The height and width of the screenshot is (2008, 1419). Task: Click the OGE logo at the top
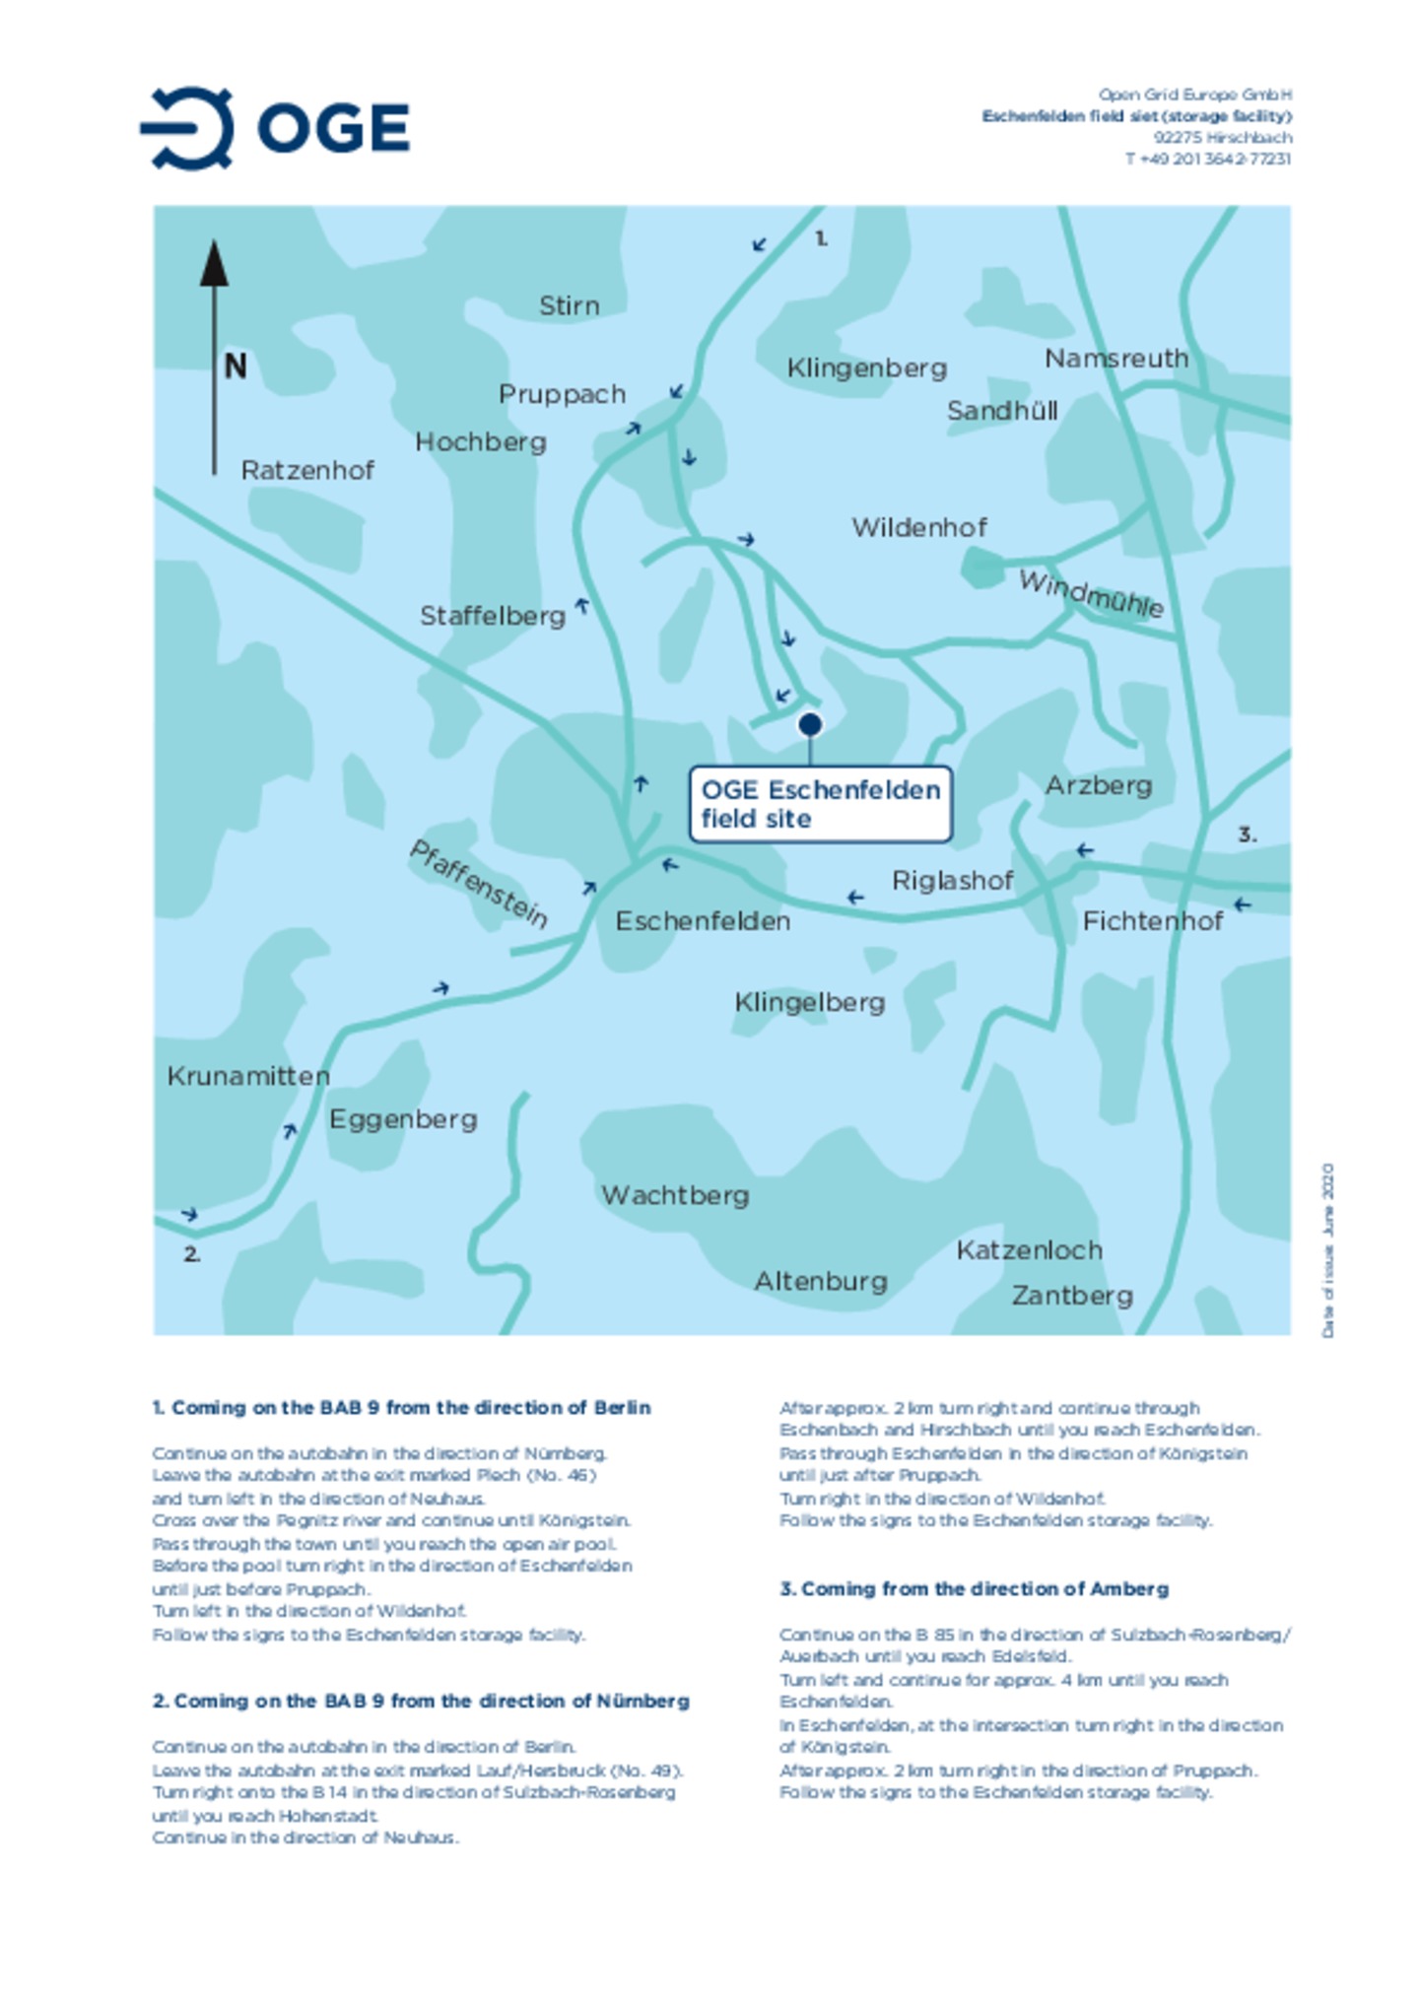pyautogui.click(x=275, y=128)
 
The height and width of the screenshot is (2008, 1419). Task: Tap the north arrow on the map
pyautogui.click(x=214, y=355)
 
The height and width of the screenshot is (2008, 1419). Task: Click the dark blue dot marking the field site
pyautogui.click(x=809, y=725)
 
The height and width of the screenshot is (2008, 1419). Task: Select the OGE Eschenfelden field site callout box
pyautogui.click(x=820, y=804)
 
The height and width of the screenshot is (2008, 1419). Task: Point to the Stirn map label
pyautogui.click(x=569, y=305)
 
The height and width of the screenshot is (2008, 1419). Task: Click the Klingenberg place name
pyautogui.click(x=866, y=368)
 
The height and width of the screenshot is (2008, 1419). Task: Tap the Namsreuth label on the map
pyautogui.click(x=1115, y=359)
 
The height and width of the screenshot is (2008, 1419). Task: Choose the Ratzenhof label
pyautogui.click(x=307, y=470)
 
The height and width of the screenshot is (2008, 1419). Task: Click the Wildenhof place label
pyautogui.click(x=918, y=528)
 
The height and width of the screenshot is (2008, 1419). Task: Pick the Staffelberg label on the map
pyautogui.click(x=492, y=617)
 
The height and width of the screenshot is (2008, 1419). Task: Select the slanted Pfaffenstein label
pyautogui.click(x=479, y=884)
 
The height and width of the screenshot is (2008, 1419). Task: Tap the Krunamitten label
pyautogui.click(x=248, y=1076)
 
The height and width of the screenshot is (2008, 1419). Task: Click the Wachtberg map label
pyautogui.click(x=675, y=1195)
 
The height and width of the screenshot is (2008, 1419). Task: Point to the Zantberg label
pyautogui.click(x=1072, y=1296)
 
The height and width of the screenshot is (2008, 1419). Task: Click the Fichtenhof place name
pyautogui.click(x=1152, y=921)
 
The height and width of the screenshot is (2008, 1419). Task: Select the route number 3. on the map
pyautogui.click(x=1247, y=835)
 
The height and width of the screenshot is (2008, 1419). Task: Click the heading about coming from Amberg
pyautogui.click(x=974, y=1588)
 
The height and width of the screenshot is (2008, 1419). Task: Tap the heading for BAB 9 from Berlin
pyautogui.click(x=401, y=1407)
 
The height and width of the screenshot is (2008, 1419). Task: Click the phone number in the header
pyautogui.click(x=1207, y=159)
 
